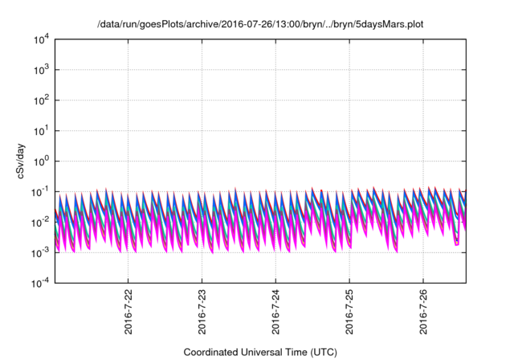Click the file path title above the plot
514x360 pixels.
(x=260, y=25)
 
